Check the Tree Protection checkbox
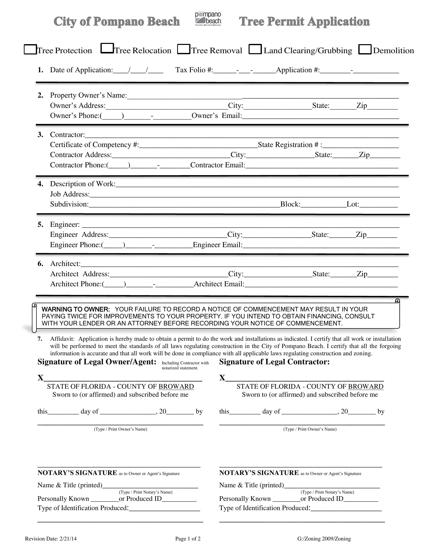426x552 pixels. (30, 49)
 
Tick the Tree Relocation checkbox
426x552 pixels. (107, 48)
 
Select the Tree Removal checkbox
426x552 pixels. (183, 49)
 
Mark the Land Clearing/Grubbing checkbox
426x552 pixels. (255, 49)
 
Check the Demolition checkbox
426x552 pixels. (365, 49)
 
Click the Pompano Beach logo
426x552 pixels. (208, 19)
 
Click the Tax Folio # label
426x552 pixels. (194, 70)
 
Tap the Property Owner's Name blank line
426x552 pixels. (262, 96)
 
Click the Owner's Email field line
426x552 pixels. (321, 116)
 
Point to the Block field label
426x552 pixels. (290, 204)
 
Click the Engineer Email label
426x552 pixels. (218, 245)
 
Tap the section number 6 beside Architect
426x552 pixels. (40, 264)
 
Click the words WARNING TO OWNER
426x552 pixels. (75, 309)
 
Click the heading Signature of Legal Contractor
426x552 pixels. (274, 362)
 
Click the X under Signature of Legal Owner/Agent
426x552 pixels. (40, 378)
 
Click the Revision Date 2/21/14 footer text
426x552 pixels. (51, 539)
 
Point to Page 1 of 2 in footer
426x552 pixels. (188, 539)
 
